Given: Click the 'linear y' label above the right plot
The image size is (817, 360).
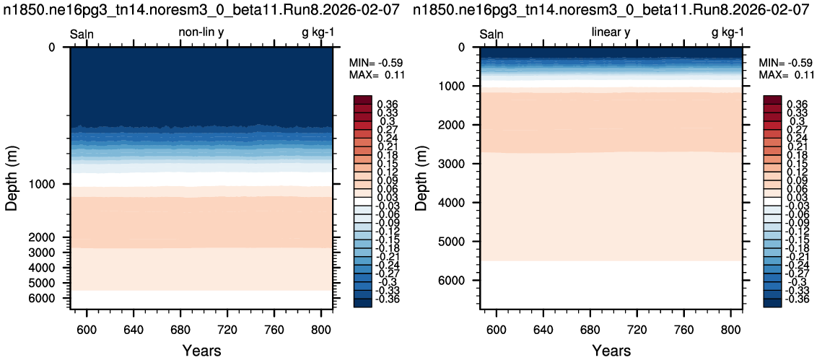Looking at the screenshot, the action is (611, 32).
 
